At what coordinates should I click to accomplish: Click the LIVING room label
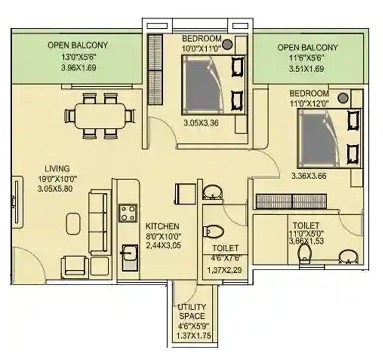click(57, 168)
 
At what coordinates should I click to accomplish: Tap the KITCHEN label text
click(162, 226)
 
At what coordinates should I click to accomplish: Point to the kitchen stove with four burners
click(127, 212)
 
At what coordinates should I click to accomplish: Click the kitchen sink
click(128, 256)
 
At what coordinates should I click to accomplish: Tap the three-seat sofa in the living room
click(98, 211)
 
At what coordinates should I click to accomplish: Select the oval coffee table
click(74, 220)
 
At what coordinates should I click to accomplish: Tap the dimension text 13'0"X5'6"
click(77, 57)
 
